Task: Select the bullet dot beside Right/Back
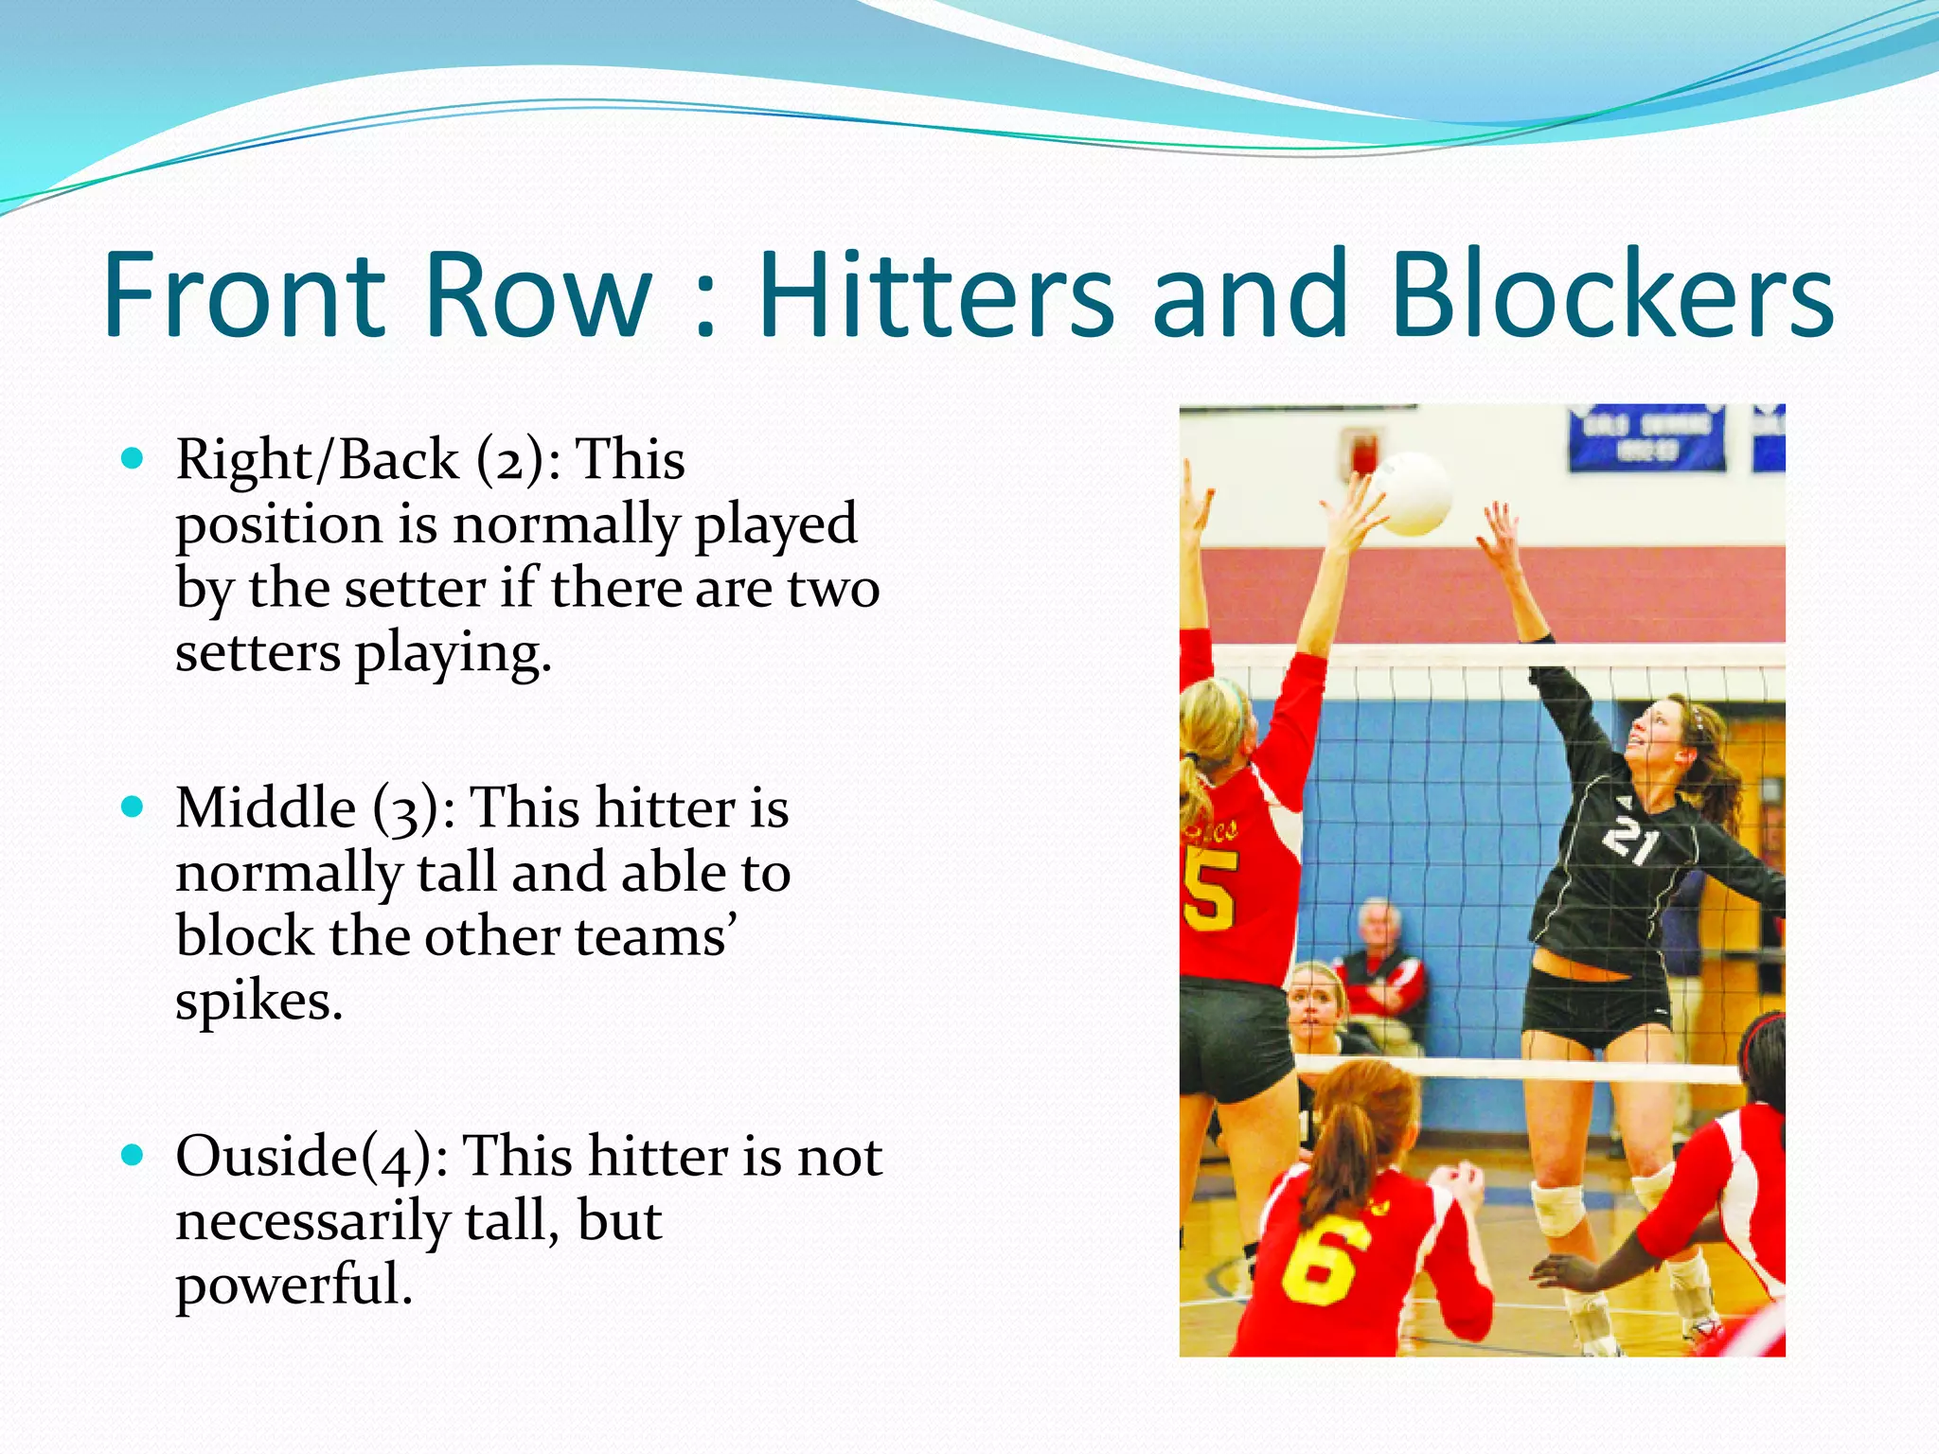pos(133,460)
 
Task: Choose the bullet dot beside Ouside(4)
pos(133,1156)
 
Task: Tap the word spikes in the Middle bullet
pos(258,1002)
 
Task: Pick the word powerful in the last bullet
pos(294,1286)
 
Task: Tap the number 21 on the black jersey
pos(1630,838)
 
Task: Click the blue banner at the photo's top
pos(1645,437)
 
